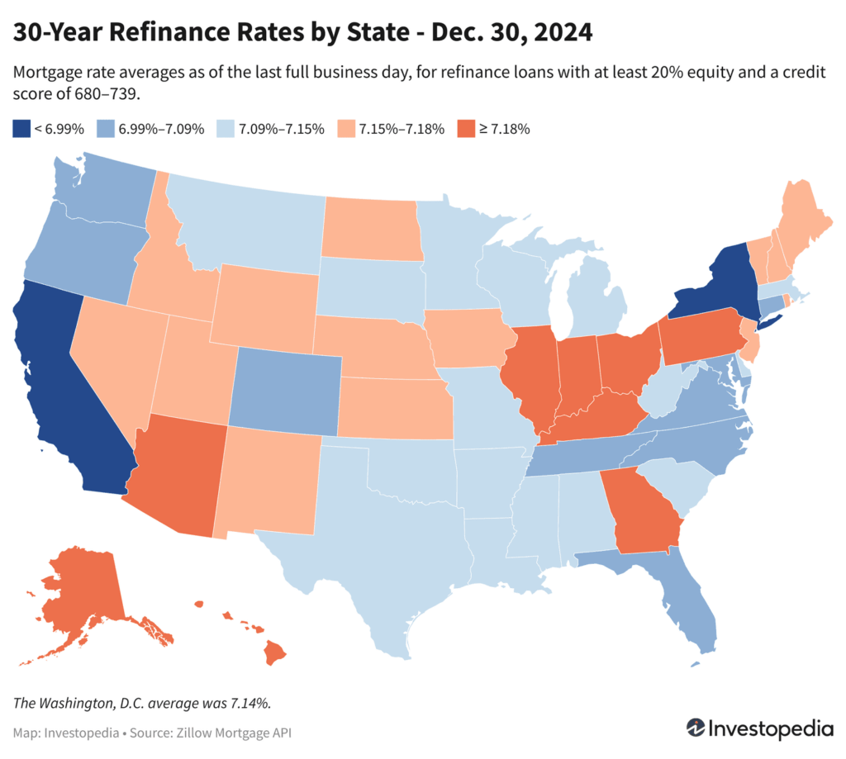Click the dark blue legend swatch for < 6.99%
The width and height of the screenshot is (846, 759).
coord(21,128)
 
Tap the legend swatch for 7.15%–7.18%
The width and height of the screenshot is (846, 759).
coord(349,128)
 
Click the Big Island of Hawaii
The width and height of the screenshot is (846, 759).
coord(275,654)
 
